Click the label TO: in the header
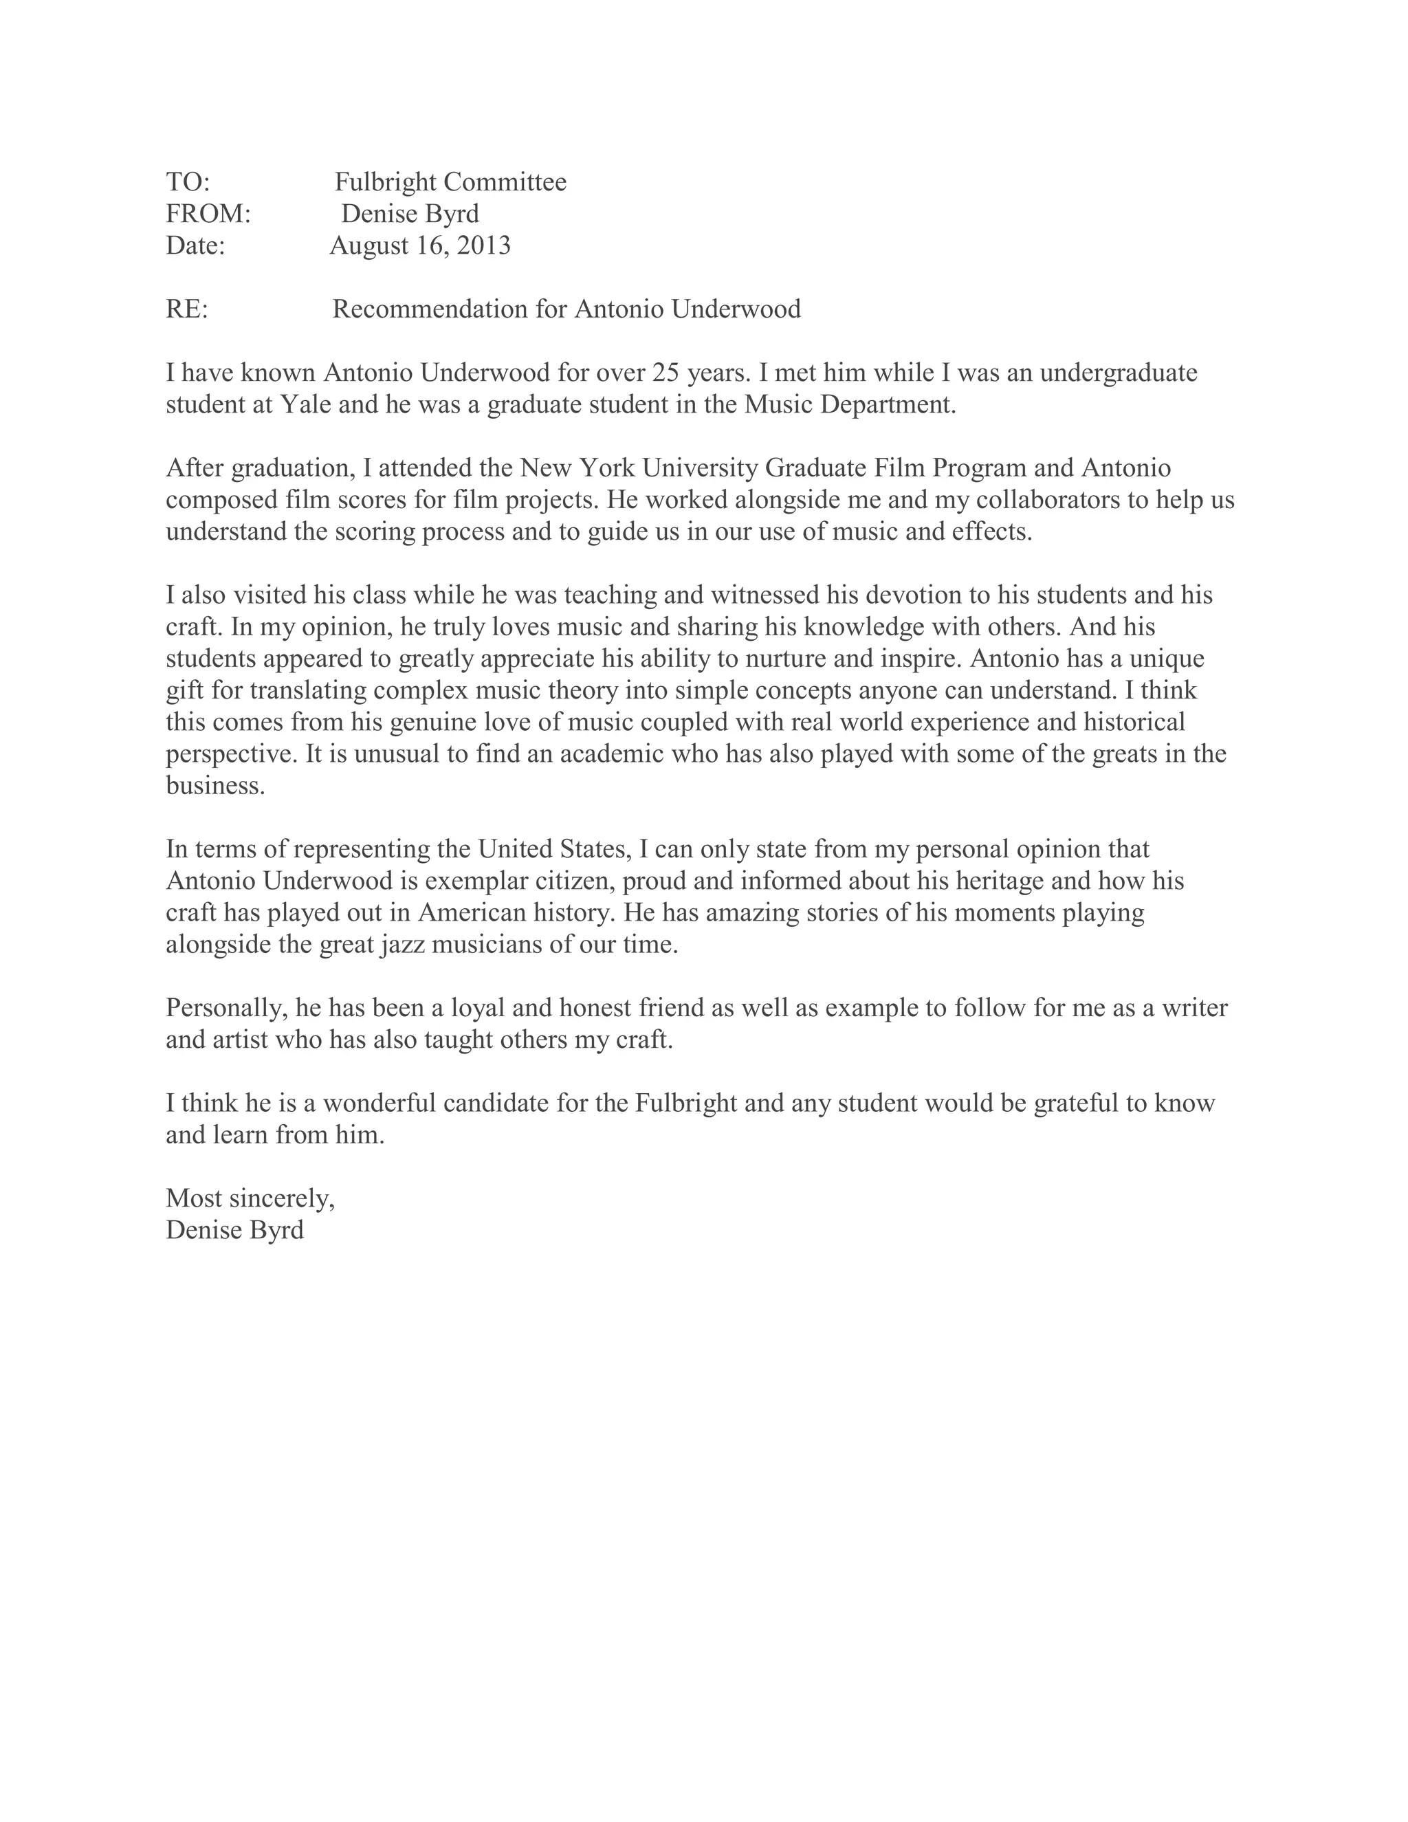pyautogui.click(x=188, y=182)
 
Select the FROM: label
pyautogui.click(x=208, y=214)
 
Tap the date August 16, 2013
pyautogui.click(x=419, y=245)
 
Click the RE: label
pyautogui.click(x=187, y=309)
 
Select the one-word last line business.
pyautogui.click(x=215, y=786)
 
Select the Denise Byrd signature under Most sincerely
pyautogui.click(x=234, y=1230)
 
